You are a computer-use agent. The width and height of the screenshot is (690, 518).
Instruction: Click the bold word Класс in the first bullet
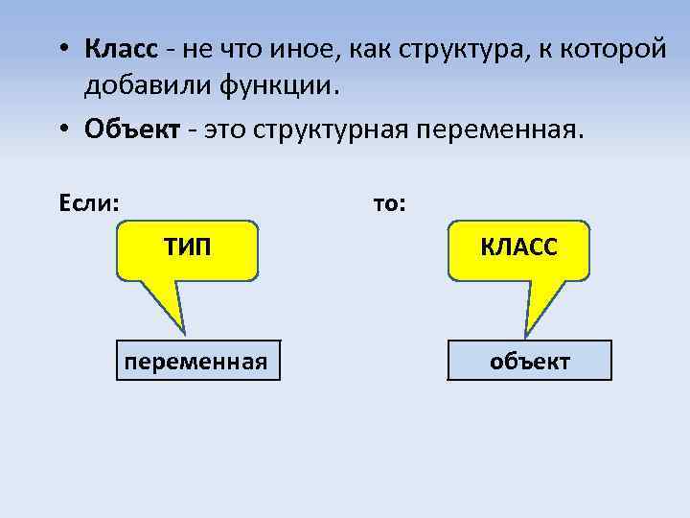(x=119, y=49)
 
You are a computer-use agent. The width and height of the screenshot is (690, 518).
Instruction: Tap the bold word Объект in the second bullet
(x=132, y=129)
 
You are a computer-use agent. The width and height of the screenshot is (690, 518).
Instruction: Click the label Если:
(x=90, y=203)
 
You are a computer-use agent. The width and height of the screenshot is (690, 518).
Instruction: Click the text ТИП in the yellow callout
(x=188, y=248)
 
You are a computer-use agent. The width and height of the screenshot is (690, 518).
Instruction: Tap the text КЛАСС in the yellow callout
(x=518, y=248)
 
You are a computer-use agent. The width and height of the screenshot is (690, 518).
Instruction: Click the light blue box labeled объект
(x=530, y=361)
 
